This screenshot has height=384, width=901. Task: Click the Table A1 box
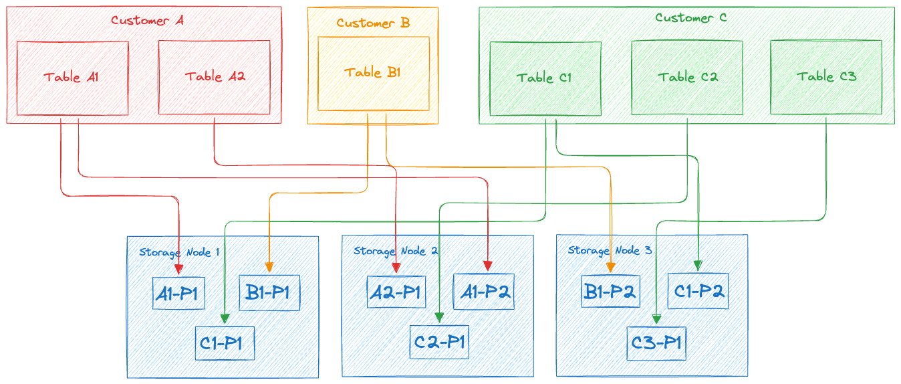click(x=72, y=77)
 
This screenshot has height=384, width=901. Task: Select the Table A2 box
click(x=214, y=77)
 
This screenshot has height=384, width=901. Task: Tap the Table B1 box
click(x=373, y=73)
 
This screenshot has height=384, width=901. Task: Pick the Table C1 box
click(x=545, y=78)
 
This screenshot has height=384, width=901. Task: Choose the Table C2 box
click(x=687, y=78)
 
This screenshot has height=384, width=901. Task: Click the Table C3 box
click(x=825, y=77)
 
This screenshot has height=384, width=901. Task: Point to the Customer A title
click(x=147, y=20)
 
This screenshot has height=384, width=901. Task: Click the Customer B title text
click(x=372, y=23)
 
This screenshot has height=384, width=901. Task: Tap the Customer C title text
click(x=690, y=18)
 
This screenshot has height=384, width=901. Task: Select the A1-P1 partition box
click(x=178, y=294)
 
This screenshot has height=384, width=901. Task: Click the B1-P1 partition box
click(x=269, y=293)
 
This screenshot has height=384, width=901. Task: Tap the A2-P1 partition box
click(x=396, y=291)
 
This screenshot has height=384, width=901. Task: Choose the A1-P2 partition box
click(x=484, y=292)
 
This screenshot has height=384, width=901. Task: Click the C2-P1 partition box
click(x=439, y=342)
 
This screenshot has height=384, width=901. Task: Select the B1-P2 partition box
click(x=610, y=292)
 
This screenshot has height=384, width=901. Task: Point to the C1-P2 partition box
click(x=698, y=291)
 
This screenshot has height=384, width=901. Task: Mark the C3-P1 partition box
click(x=656, y=343)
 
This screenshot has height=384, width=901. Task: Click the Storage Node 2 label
click(x=396, y=251)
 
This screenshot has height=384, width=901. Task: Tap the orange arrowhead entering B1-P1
click(x=269, y=268)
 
